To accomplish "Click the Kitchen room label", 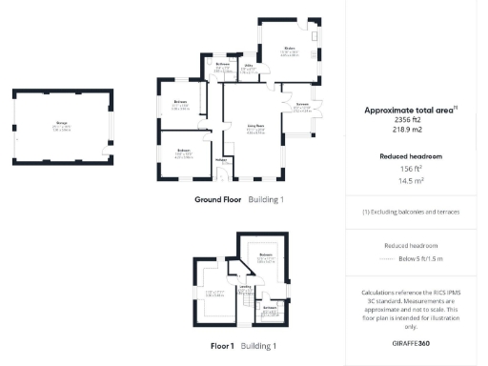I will (x=289, y=47).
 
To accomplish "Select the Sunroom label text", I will (x=302, y=104).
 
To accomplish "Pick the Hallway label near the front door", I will (x=221, y=161).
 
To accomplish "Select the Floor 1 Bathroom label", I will (x=270, y=309).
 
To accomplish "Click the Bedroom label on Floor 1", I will (x=268, y=255).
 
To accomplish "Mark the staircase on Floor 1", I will (x=243, y=304).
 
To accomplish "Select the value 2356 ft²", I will (x=411, y=121).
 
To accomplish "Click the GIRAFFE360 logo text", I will (x=411, y=341).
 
